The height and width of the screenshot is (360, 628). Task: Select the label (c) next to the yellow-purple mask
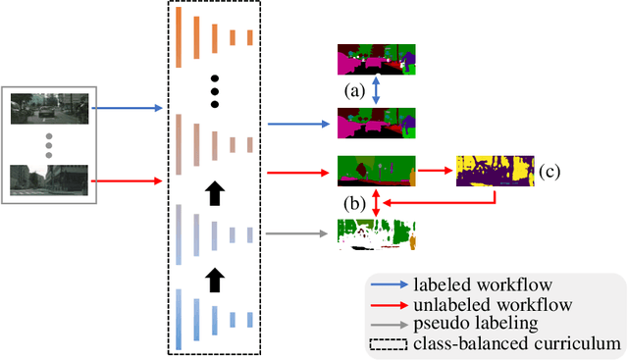(549, 172)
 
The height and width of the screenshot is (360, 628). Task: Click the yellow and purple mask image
(496, 172)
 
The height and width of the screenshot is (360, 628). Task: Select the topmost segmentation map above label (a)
(377, 61)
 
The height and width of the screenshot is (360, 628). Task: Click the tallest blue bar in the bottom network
(180, 319)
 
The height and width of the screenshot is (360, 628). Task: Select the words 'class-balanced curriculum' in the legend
(519, 342)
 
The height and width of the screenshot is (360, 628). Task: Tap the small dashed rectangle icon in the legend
(391, 343)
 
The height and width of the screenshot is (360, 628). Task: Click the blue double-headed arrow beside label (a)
(376, 91)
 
